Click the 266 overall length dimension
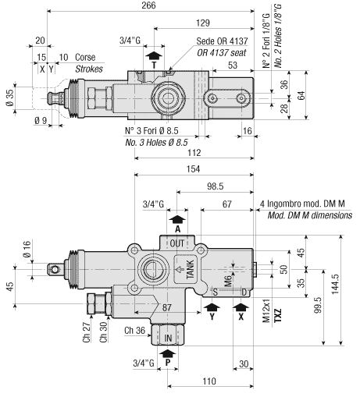[148, 5]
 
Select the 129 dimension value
[203, 23]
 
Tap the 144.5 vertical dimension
[335, 284]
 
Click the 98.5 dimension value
[216, 186]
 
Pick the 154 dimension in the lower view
[193, 169]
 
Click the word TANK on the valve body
[190, 270]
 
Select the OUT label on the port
[177, 243]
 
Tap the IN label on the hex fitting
[168, 338]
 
